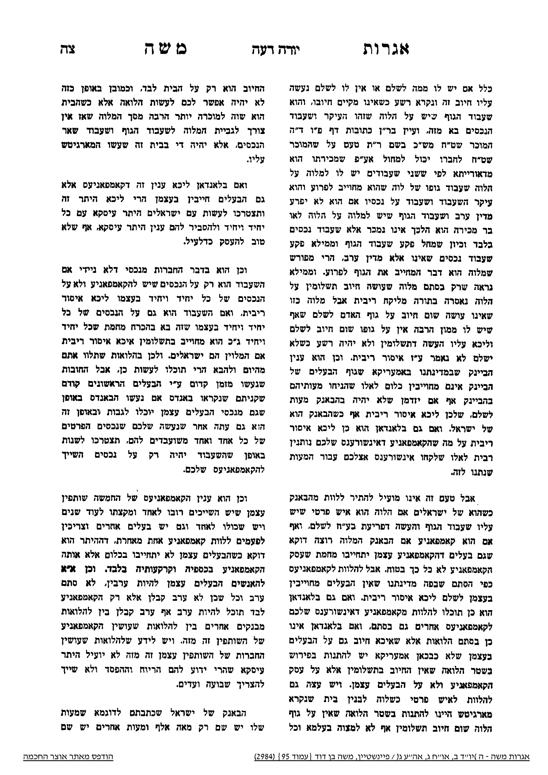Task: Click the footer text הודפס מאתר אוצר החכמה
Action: [x=68, y=757]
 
